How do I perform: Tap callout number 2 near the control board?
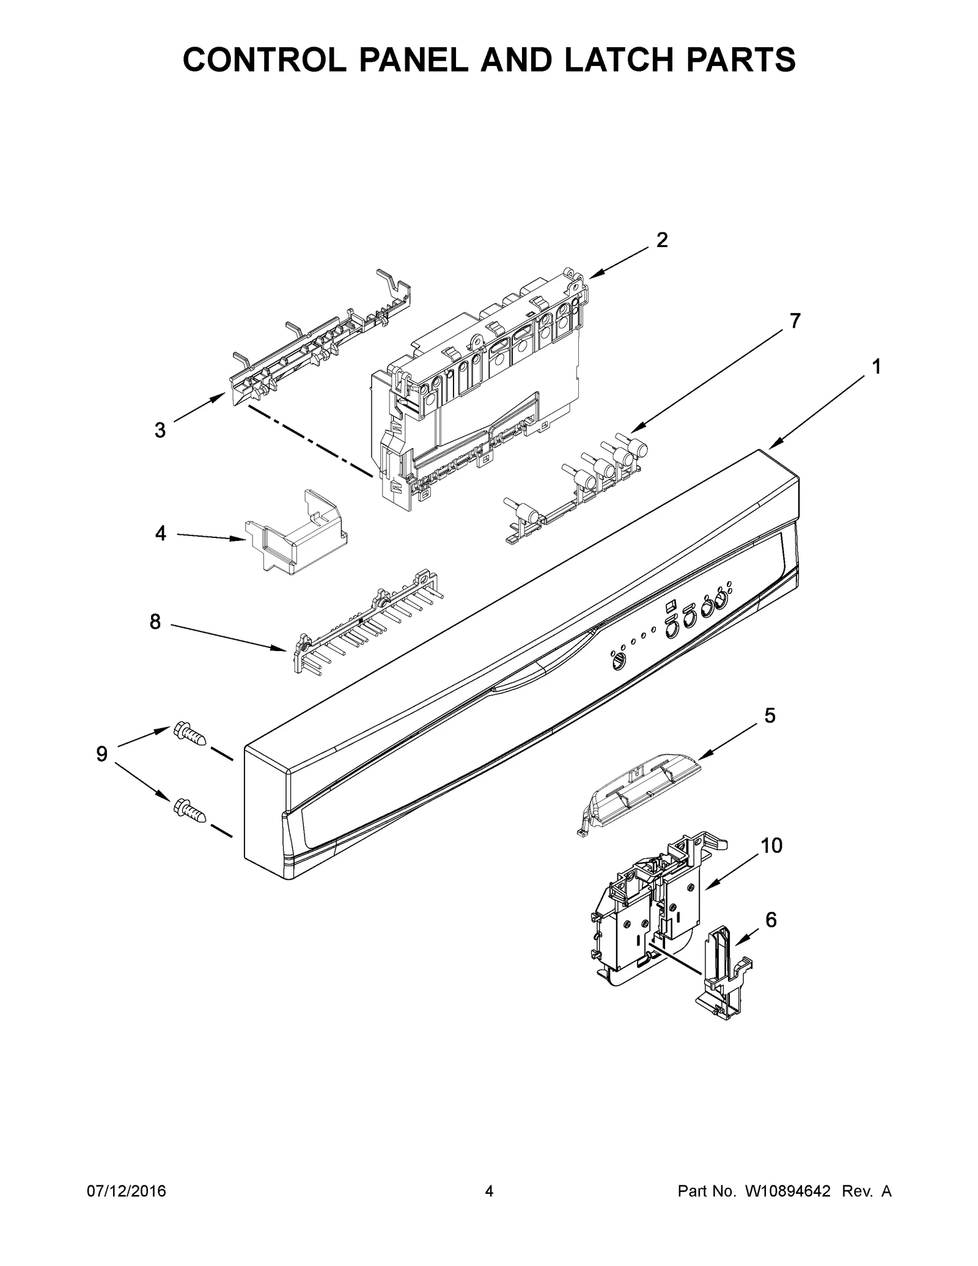661,240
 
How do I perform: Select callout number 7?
795,320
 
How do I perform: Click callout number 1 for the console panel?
876,367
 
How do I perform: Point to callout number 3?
160,430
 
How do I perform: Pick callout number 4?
160,534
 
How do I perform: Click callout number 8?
155,622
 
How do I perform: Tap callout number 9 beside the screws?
101,754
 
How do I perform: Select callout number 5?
770,715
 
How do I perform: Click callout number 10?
771,845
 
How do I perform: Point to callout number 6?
771,937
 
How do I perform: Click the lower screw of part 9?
189,809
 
